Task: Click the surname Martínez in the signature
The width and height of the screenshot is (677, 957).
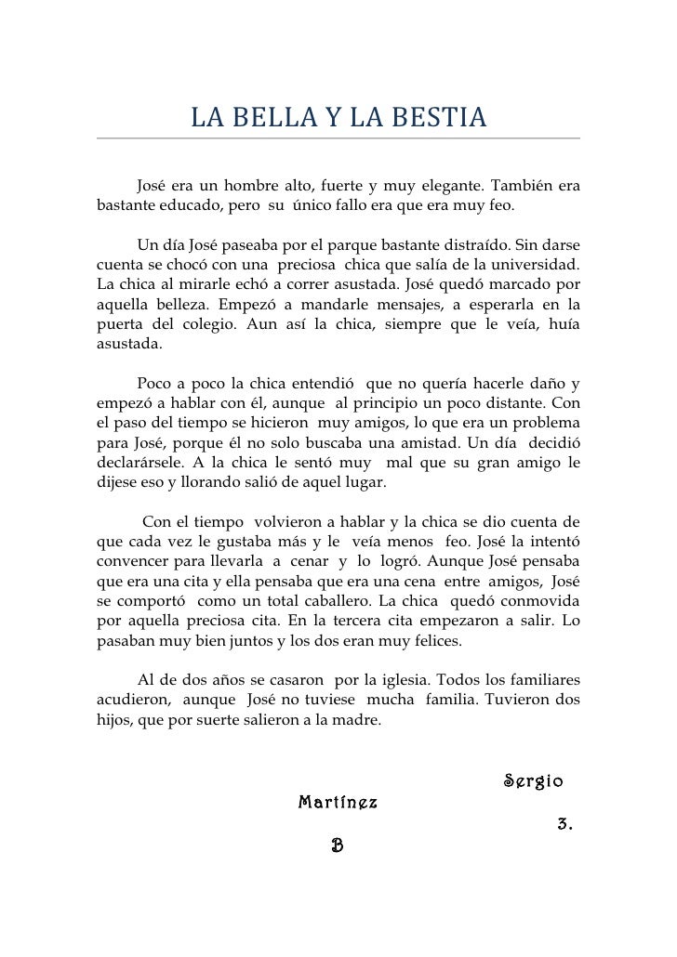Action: point(338,802)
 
